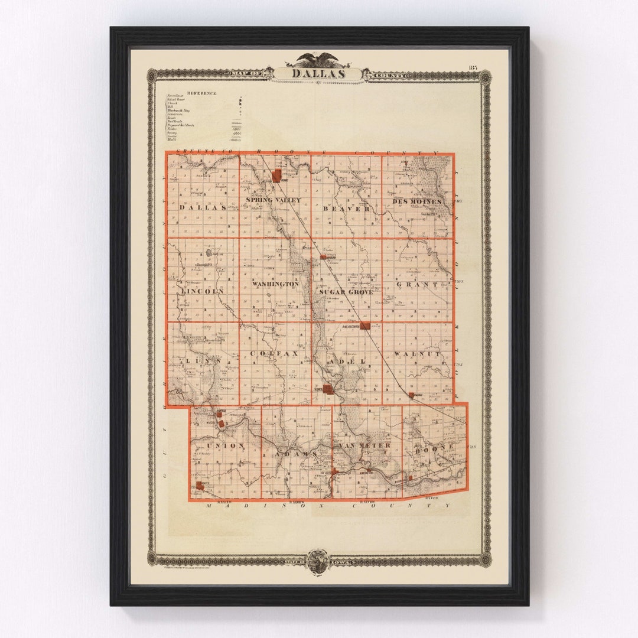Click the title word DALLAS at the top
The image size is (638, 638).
tap(318, 74)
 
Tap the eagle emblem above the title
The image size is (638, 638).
tap(318, 59)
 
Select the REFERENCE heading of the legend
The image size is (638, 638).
tap(202, 93)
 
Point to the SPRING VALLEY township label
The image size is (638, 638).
tap(274, 200)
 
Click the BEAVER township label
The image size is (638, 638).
tap(346, 209)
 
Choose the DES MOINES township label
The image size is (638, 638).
tap(417, 202)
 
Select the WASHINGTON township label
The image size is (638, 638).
tap(275, 284)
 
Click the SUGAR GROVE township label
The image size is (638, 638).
tap(346, 292)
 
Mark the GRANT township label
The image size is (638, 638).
tap(417, 284)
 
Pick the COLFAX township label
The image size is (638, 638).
tap(275, 354)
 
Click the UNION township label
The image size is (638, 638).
tap(225, 445)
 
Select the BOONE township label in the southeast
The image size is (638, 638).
tap(435, 446)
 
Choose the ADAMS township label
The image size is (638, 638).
tap(298, 454)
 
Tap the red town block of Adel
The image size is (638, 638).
tap(328, 389)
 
